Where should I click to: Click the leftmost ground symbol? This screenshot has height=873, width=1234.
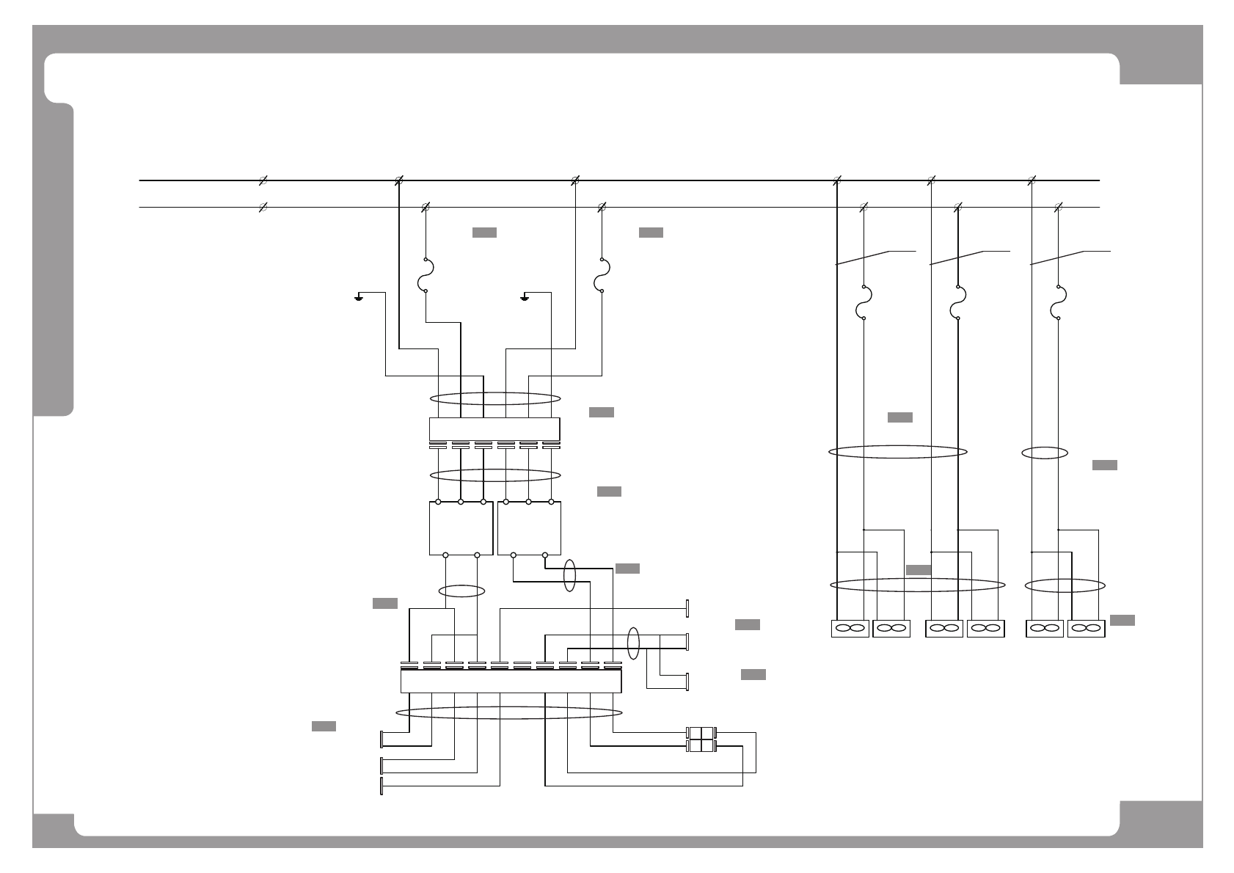pos(359,296)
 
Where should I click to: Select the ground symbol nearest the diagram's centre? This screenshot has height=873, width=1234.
pos(525,296)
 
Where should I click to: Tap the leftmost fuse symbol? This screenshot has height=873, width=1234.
pos(426,275)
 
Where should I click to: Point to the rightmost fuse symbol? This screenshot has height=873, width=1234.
pos(1058,302)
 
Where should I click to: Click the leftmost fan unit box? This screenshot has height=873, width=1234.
pos(850,629)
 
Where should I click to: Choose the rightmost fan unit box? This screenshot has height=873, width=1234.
pos(1086,629)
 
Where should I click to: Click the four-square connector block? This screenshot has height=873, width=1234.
pos(701,739)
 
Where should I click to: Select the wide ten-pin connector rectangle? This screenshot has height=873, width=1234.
pos(511,681)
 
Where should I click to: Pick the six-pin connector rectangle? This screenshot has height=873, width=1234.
pos(494,428)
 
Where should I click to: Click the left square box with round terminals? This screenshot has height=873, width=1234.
pos(461,528)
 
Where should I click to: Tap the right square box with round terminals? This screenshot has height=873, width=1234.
pos(529,528)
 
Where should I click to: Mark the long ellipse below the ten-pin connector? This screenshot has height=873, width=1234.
pos(509,713)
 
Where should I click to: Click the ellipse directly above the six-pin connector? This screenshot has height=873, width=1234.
pos(495,398)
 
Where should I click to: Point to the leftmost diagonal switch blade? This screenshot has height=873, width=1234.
pos(864,257)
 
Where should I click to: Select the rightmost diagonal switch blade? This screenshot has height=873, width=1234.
pos(1058,257)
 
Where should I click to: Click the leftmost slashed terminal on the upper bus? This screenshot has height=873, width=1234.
pos(263,180)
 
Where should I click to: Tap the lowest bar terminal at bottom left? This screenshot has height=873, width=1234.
pos(382,786)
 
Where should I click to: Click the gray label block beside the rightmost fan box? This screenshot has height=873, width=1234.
pos(1122,621)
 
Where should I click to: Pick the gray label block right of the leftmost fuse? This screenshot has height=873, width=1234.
pos(484,233)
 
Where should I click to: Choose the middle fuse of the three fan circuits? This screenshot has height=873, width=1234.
pos(958,302)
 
